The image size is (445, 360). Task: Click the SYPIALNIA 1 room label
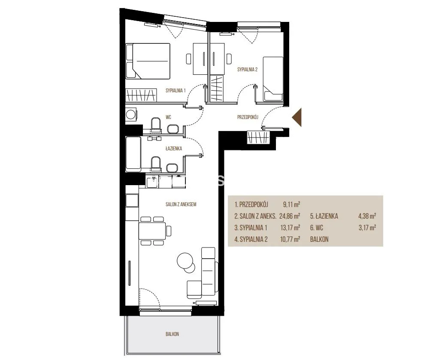176,91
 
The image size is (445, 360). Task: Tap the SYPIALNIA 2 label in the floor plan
248,69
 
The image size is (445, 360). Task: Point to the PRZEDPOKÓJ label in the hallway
248,117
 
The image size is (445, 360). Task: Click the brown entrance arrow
297,117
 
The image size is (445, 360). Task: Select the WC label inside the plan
169,117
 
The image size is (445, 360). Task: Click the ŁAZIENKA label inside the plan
174,148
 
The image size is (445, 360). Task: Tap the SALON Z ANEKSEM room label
181,204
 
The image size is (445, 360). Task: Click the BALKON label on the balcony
172,334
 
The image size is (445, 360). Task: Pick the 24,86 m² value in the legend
290,216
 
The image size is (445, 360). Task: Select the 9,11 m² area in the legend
291,204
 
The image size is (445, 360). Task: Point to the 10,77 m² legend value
290,239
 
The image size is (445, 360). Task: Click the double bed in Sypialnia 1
148,61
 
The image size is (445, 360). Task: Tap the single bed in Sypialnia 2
273,79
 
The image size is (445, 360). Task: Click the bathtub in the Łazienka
133,154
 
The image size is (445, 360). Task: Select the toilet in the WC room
156,125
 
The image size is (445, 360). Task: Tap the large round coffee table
185,260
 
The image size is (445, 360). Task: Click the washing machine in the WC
131,115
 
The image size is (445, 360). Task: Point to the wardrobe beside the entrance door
258,137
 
